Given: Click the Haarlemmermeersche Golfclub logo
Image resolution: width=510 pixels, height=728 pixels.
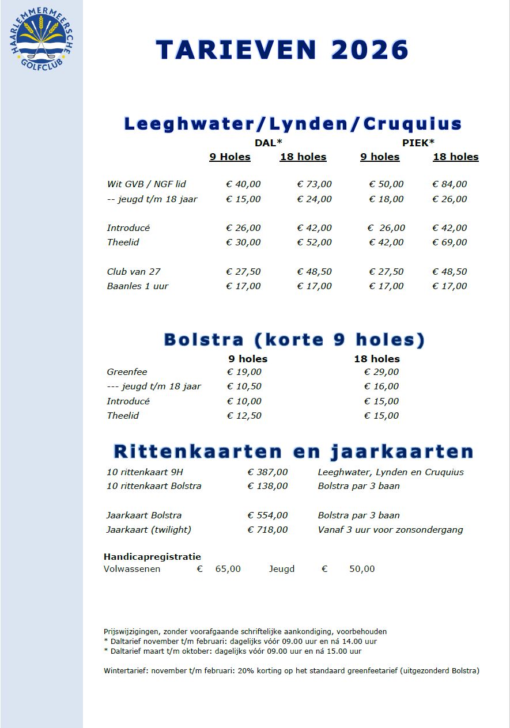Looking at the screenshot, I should [x=41, y=40].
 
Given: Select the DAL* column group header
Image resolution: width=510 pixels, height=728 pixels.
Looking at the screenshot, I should [x=269, y=143].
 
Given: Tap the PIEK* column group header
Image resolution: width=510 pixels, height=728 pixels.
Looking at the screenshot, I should [x=418, y=143].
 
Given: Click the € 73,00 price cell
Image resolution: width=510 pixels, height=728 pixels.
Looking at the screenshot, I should [x=315, y=184].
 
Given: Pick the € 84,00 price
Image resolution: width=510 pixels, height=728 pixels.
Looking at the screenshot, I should [x=449, y=184].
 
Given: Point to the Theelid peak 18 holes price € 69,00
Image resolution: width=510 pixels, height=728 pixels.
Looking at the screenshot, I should [x=449, y=242].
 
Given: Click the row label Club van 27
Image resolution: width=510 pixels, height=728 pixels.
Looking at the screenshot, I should [x=134, y=271].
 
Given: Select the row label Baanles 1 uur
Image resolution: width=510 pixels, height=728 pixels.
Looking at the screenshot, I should [x=138, y=286].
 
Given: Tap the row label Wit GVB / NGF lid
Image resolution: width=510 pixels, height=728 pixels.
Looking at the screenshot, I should [x=146, y=184].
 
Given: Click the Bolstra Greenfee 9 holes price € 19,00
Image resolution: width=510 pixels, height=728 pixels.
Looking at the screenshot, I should [x=244, y=372].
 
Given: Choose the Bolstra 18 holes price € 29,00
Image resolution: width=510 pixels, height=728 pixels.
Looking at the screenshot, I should [x=381, y=372].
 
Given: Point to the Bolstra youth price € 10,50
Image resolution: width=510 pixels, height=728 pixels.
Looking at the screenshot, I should [x=244, y=386].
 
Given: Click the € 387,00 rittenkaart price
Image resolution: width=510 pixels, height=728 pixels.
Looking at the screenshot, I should [x=268, y=472].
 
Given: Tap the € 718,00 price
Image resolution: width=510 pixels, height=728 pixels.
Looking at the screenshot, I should [x=268, y=530].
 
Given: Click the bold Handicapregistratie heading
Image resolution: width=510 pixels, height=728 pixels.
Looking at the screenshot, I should [x=152, y=556].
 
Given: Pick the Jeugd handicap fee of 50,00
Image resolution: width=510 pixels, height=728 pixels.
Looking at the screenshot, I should [x=362, y=569].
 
